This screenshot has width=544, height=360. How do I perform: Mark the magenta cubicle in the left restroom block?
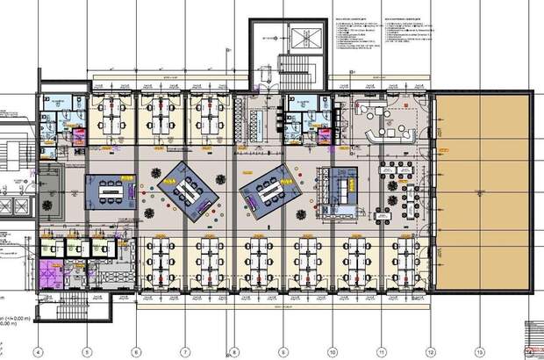(77, 135)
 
